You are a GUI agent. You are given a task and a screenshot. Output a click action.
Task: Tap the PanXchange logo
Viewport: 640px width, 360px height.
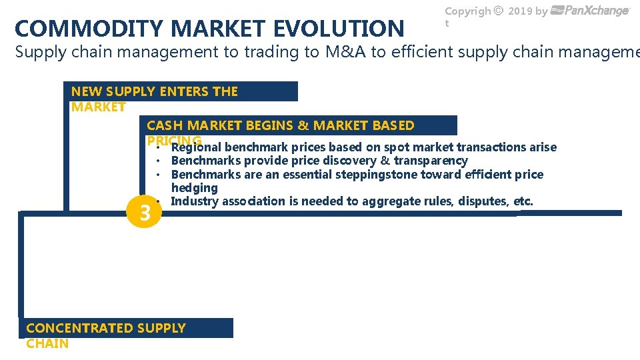pos(591,11)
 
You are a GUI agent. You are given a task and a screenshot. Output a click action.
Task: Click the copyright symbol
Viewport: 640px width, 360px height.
pos(498,11)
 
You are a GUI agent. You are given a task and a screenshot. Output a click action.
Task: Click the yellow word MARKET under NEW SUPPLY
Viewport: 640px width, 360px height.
pos(98,107)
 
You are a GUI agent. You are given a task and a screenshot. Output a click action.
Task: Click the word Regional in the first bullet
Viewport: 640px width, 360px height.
pos(196,147)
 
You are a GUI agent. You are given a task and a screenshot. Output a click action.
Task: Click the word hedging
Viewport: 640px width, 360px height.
pos(194,188)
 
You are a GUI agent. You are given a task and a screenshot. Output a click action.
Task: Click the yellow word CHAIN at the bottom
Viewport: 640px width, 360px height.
pos(47,343)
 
